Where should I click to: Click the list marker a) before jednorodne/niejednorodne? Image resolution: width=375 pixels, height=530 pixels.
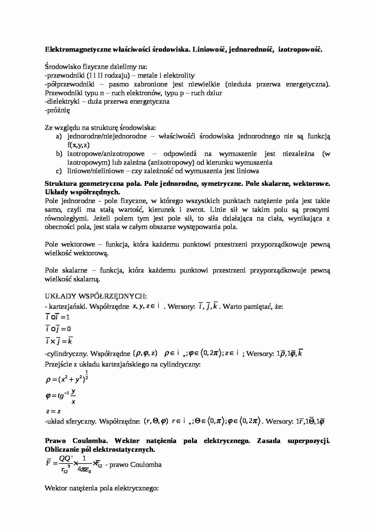tap(59, 137)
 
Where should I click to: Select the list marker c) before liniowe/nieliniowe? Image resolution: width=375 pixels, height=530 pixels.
tap(59, 171)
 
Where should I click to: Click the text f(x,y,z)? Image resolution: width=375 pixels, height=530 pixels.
tap(78, 145)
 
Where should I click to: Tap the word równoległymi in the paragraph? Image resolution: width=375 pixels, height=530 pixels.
tap(64, 218)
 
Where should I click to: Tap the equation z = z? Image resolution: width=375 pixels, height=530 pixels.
tap(53, 411)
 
